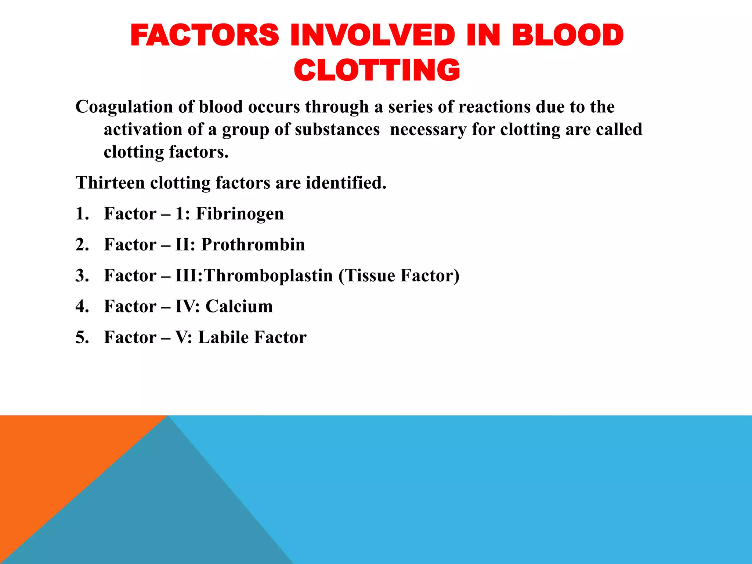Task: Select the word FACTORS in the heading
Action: coord(205,35)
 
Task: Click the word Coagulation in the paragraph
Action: coord(124,107)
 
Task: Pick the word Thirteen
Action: coord(110,182)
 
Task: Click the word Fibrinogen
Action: coord(240,214)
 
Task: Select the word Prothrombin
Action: coord(253,245)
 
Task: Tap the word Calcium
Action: coord(239,306)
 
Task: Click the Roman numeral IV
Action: coord(185,306)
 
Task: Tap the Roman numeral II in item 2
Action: coord(182,245)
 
